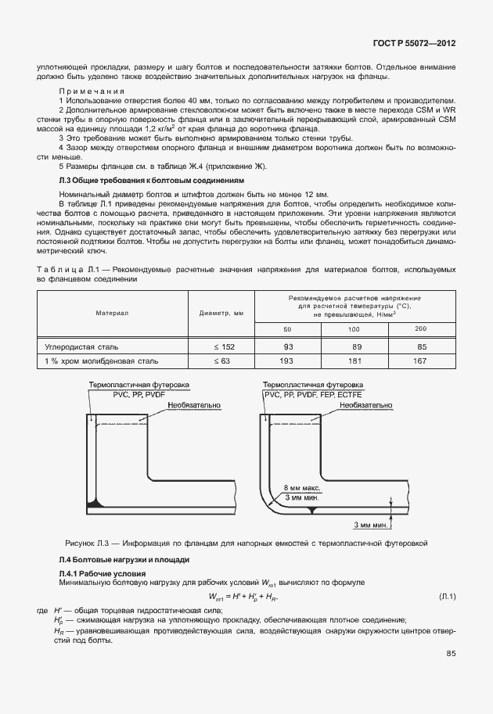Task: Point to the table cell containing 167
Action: [419, 361]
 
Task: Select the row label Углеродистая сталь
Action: [83, 346]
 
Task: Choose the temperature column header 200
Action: [419, 328]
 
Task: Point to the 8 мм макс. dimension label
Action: [302, 486]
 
